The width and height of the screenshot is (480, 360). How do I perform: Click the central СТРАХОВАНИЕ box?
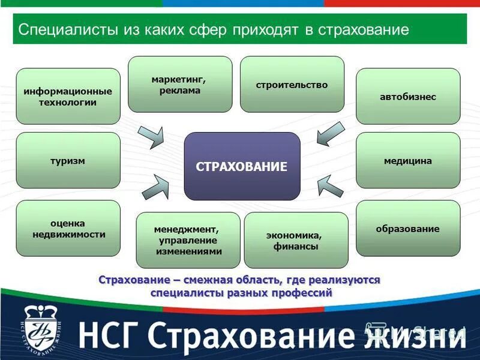coord(242,166)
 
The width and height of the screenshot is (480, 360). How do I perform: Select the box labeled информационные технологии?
coord(68,96)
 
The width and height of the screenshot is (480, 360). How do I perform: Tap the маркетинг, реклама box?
coord(180,84)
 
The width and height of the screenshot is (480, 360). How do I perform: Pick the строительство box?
coord(292,84)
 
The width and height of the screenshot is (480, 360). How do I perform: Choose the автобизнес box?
coord(408,96)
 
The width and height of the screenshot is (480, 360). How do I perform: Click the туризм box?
coord(68,160)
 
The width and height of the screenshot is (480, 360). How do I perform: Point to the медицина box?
coord(408,160)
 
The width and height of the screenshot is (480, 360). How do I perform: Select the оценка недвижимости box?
coord(68,229)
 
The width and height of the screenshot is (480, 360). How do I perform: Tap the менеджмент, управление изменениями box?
coord(188,240)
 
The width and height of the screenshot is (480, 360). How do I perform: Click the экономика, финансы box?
coord(296,240)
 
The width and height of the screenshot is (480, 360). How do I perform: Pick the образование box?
coord(408,229)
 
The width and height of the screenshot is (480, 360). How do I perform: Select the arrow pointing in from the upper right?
coord(331,134)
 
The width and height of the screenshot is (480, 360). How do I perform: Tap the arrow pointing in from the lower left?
coord(155,187)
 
